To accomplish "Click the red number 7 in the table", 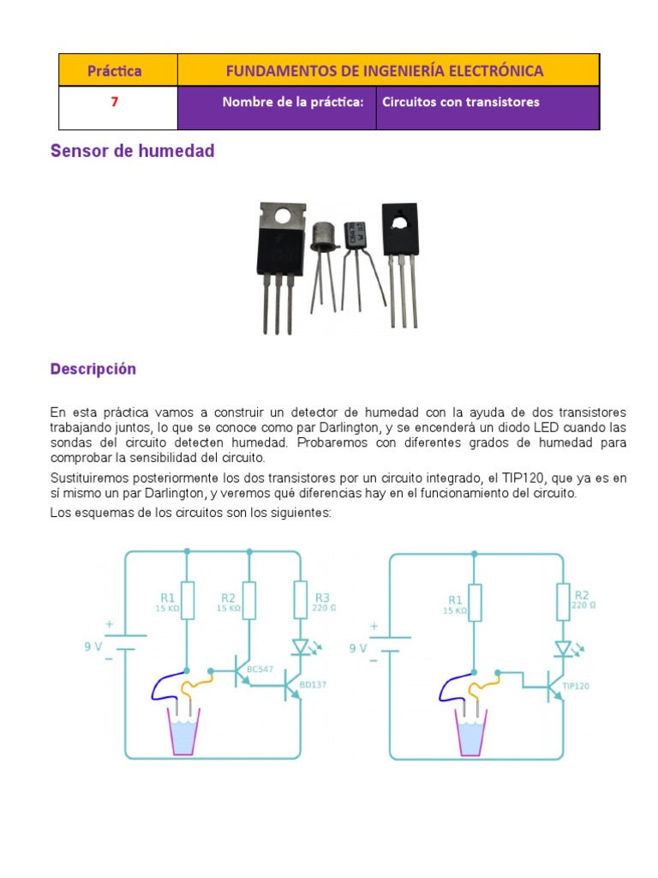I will tap(114, 102).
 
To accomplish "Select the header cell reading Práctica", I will tap(114, 71).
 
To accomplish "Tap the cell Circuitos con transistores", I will tap(461, 102).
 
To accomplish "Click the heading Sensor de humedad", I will tap(132, 152).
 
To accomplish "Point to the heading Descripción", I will tap(93, 370).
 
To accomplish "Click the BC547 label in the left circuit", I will tap(260, 669).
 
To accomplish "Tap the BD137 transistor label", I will tap(314, 686).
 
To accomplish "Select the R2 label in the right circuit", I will tap(583, 595).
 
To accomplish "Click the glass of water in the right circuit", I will tap(470, 732).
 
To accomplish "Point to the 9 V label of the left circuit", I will tap(93, 648).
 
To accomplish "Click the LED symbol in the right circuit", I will tap(564, 648).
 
